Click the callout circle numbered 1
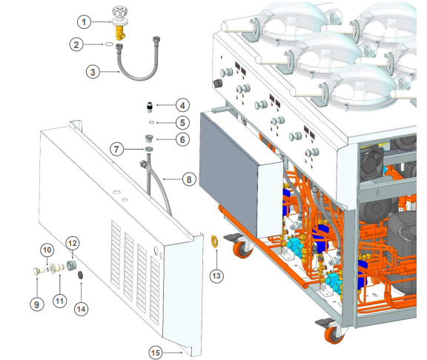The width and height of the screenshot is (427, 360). point(84,21)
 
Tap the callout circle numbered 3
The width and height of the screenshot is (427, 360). point(93,72)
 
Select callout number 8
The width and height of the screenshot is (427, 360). point(189,179)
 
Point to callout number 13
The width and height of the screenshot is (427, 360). point(216,276)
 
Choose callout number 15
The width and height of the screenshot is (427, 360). point(156,353)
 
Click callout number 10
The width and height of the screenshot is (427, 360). point(47,250)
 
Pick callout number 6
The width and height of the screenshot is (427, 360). point(182,139)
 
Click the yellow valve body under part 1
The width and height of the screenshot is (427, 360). point(120,32)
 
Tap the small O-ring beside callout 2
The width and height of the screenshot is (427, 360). point(108,44)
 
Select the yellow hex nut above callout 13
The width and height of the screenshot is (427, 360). point(214,241)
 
